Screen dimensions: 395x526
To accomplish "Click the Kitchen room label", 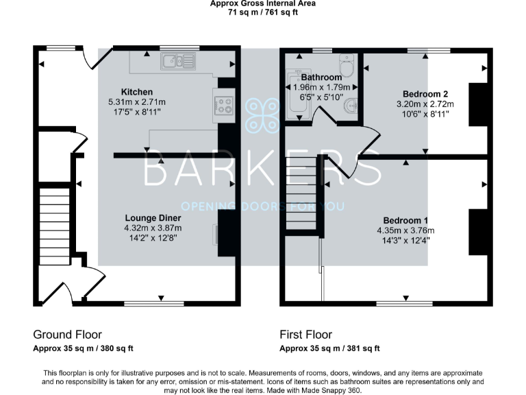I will (136, 92).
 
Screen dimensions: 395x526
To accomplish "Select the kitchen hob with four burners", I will (225, 106).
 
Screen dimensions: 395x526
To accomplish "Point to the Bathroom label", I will (321, 77).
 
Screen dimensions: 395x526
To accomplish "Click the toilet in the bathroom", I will (346, 69).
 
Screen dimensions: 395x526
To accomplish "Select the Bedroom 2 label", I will (426, 94).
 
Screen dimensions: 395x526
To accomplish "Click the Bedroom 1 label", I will (405, 220).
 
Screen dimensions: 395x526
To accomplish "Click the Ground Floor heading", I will (68, 335).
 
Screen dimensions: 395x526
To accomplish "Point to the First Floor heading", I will (305, 335).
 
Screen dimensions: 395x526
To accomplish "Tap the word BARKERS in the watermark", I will (262, 171).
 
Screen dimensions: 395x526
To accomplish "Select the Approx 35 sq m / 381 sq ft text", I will (329, 349).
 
